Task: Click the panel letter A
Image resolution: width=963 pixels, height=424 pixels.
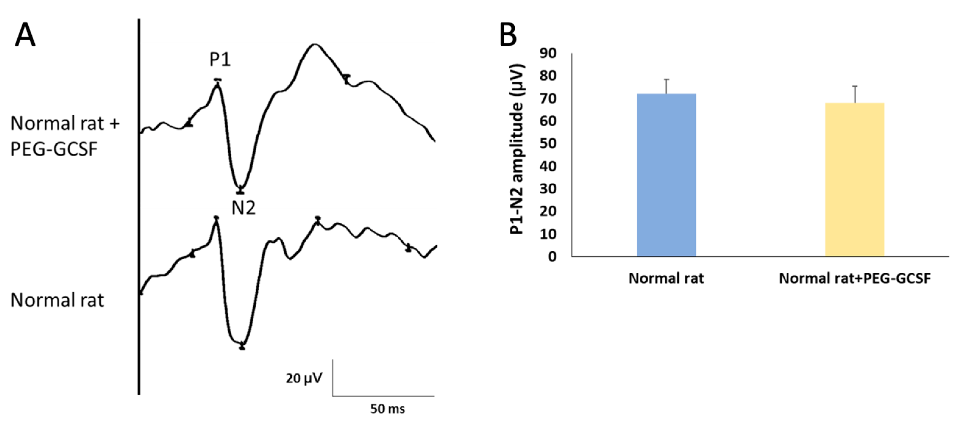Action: click(x=25, y=35)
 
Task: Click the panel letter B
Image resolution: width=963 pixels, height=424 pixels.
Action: click(x=508, y=35)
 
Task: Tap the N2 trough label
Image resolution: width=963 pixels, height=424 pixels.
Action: click(x=243, y=208)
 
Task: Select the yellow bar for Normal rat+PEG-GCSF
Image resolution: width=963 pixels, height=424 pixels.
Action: click(x=855, y=180)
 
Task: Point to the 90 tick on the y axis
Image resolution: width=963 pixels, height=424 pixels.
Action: click(x=548, y=53)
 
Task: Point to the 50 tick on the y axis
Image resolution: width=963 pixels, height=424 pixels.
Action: click(x=548, y=144)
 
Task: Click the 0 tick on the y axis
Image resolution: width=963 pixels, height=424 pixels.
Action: click(x=552, y=257)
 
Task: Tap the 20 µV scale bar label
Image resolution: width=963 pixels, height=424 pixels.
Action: click(x=304, y=378)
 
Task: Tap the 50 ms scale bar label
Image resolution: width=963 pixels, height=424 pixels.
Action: click(x=387, y=409)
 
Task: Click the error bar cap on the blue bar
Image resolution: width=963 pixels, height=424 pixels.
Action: click(x=666, y=79)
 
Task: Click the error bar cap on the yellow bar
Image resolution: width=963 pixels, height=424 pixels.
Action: click(x=855, y=86)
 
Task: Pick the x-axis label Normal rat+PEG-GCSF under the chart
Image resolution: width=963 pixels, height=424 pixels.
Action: click(x=855, y=278)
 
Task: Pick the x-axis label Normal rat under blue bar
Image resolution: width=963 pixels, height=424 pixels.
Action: click(x=666, y=278)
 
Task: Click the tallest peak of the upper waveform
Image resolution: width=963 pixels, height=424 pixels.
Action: click(x=315, y=45)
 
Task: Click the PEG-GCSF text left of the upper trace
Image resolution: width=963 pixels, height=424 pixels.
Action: click(x=54, y=149)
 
